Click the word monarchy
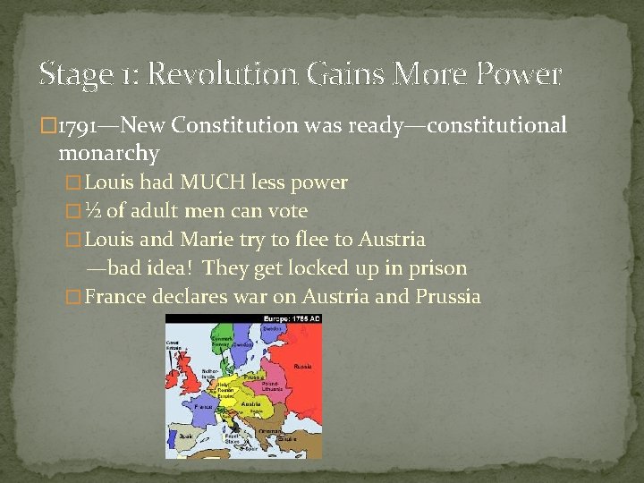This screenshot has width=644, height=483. (108, 154)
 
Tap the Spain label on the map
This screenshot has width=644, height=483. (185, 436)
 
